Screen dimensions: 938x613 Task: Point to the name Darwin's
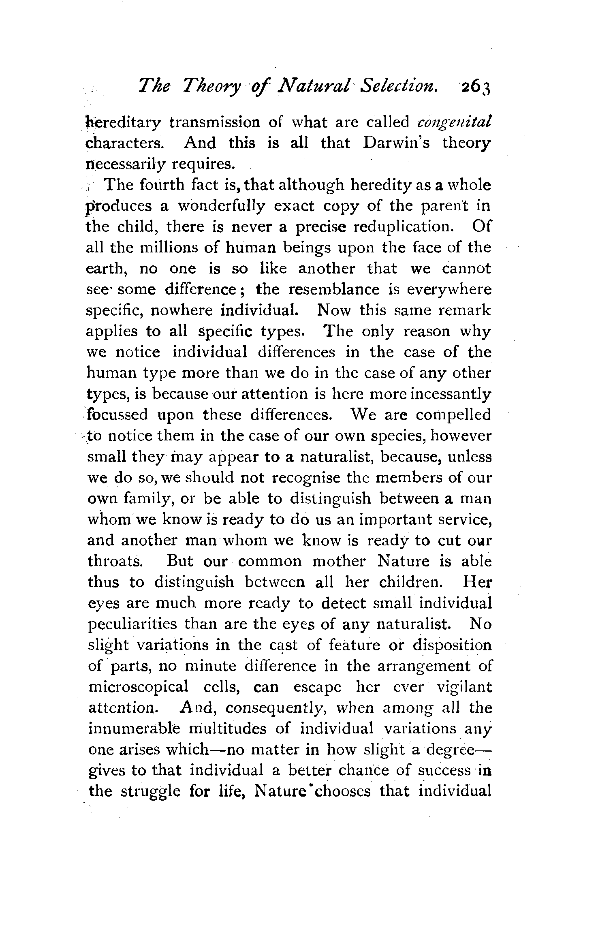pos(397,143)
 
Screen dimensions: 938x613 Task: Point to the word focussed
pos(118,415)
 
